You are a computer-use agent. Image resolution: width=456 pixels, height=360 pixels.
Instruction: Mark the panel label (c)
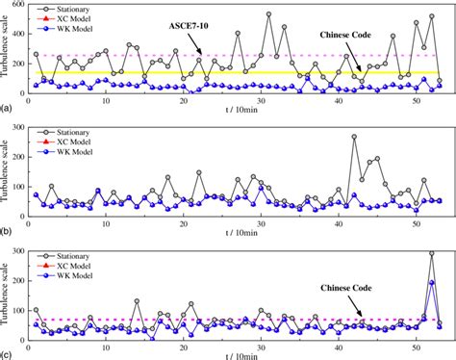(x=6, y=352)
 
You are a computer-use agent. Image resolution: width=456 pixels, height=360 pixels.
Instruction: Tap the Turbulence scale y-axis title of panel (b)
(x=7, y=170)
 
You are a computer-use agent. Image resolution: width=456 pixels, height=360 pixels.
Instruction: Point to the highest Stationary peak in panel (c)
(x=432, y=253)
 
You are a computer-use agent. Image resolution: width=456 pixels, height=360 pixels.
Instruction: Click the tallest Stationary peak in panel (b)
(x=354, y=137)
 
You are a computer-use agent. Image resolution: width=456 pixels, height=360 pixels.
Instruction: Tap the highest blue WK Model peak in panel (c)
(x=432, y=283)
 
